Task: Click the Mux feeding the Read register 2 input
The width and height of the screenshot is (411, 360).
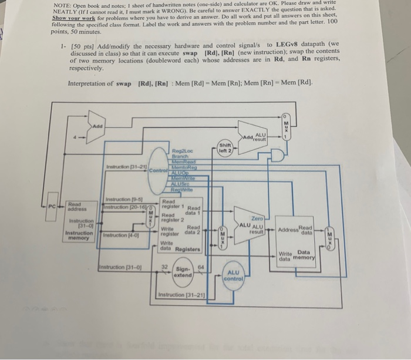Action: [x=150, y=218]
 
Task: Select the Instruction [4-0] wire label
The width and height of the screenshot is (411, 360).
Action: [x=118, y=234]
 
